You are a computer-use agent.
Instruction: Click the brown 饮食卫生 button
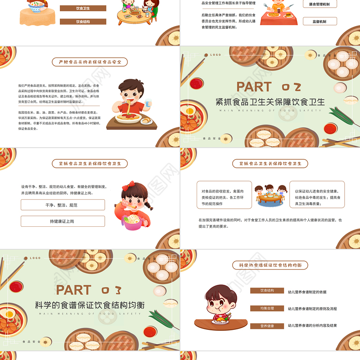click(x=83, y=8)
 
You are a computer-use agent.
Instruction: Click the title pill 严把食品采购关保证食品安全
click(x=90, y=62)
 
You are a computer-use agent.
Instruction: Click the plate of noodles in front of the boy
click(x=128, y=117)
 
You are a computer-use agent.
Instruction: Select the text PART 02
click(x=269, y=86)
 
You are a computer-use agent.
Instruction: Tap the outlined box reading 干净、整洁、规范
click(x=63, y=205)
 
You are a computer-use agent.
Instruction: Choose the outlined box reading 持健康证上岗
click(x=63, y=221)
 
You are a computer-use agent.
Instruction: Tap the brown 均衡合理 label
click(x=267, y=308)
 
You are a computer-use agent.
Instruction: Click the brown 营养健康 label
click(x=267, y=325)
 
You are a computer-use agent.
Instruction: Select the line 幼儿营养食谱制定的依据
click(x=307, y=292)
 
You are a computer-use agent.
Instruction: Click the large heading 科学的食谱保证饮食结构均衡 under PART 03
click(x=90, y=305)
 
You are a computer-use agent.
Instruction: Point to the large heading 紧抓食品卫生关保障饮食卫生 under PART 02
click(x=270, y=102)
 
